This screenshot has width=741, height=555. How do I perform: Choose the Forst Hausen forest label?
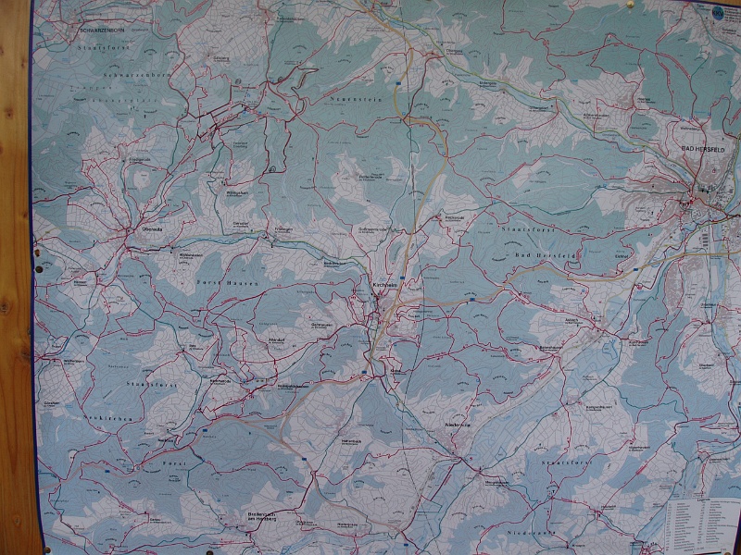[x=221, y=280]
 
